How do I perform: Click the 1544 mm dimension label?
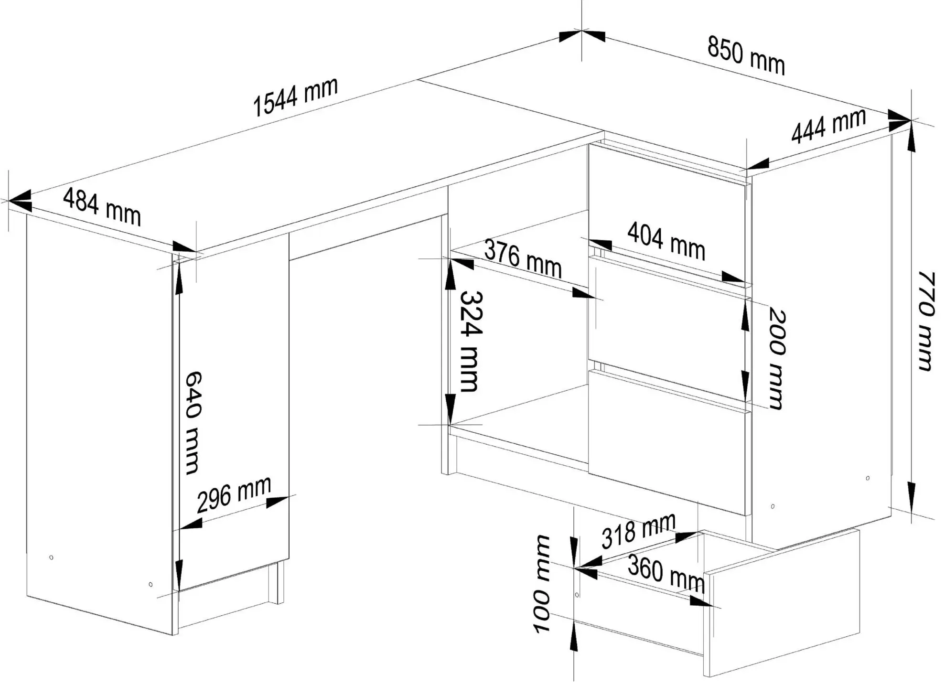(295, 97)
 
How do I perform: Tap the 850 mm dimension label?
(746, 56)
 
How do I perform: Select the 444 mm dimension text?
(828, 126)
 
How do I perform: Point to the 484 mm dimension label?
(102, 207)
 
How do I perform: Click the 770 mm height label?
(925, 321)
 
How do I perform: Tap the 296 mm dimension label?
(234, 494)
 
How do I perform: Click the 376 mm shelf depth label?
(523, 258)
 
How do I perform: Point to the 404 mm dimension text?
(666, 241)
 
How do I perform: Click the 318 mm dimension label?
(638, 530)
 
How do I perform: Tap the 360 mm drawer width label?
(666, 573)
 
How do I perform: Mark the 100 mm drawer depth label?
(542, 584)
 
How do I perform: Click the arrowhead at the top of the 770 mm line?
(912, 139)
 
